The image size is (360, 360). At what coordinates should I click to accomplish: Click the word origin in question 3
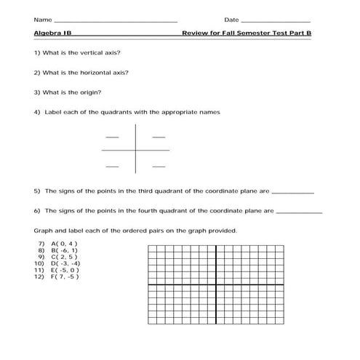(92, 92)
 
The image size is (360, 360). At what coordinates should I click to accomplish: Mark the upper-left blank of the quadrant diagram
(112, 137)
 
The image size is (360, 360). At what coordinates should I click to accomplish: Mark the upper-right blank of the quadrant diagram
(159, 137)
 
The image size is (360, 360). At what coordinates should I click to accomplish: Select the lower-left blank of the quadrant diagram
(112, 167)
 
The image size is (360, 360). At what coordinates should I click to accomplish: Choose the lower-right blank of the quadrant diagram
(159, 167)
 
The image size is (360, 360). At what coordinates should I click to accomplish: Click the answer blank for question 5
(292, 193)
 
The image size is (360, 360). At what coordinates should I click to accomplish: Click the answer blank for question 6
(299, 213)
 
